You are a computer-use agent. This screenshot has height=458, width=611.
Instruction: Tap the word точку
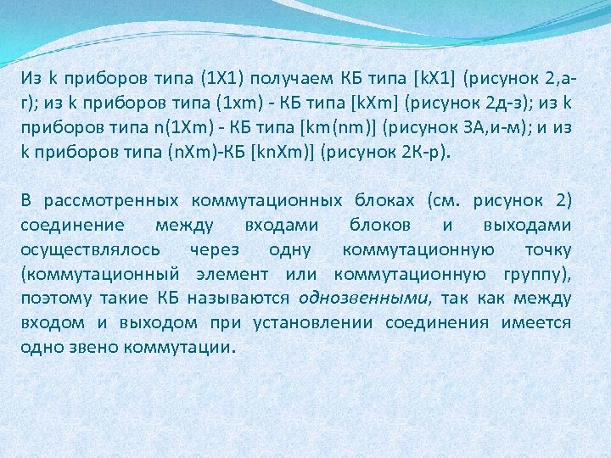547,249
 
